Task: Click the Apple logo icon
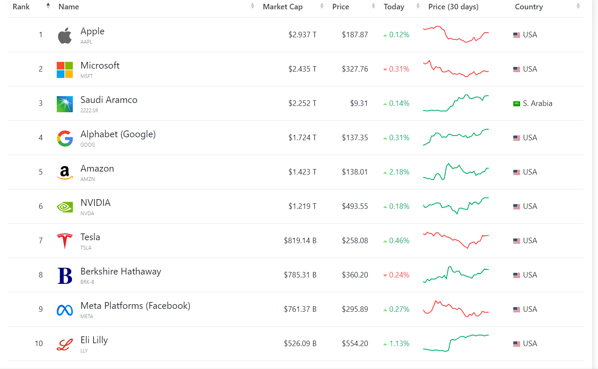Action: [65, 36]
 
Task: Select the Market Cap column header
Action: [282, 7]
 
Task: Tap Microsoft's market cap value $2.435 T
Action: [302, 69]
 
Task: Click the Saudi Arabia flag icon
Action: [517, 104]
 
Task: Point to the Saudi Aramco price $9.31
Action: [359, 103]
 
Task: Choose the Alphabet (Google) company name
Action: [118, 134]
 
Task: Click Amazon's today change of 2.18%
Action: [399, 172]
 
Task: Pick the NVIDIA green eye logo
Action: [65, 207]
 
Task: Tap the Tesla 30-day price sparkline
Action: [456, 240]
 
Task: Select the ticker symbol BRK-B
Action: [87, 282]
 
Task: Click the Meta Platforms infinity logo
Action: [65, 310]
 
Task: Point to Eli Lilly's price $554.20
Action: [355, 344]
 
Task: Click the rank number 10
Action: [39, 344]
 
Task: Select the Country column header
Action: [529, 7]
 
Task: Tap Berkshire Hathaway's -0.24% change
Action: [399, 275]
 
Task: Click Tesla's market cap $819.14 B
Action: [300, 241]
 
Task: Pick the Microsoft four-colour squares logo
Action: [65, 70]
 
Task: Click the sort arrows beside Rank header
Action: [48, 6]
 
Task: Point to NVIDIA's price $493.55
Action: [355, 206]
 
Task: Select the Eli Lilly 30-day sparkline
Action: [456, 343]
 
